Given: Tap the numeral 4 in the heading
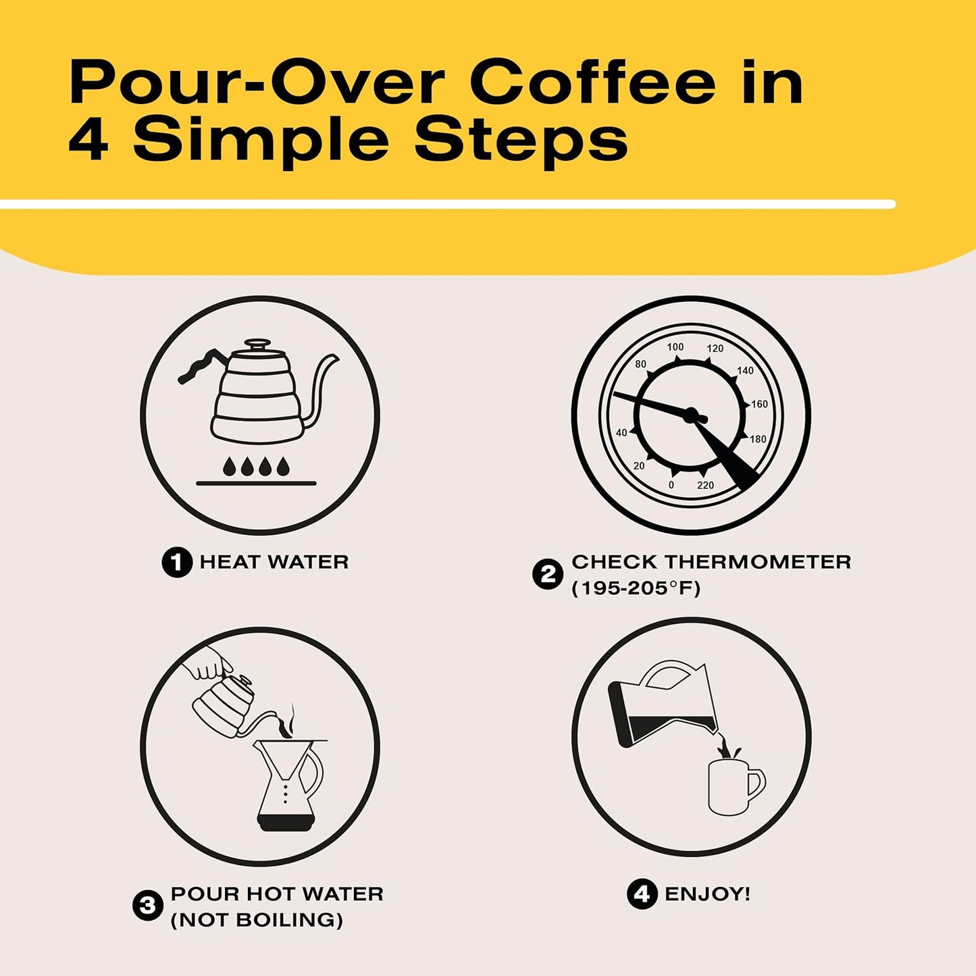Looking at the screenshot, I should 88,140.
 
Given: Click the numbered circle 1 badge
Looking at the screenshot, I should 177,562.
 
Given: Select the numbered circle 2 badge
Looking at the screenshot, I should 547,575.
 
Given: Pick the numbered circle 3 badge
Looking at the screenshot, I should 148,906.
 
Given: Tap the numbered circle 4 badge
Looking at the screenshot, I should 642,894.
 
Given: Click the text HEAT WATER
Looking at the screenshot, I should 274,562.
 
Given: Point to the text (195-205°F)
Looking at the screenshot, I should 636,588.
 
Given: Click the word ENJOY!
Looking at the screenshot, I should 707,894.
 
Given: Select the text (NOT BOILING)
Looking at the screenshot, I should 257,920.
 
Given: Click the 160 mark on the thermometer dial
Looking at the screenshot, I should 759,404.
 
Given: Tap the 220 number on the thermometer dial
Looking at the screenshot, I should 705,485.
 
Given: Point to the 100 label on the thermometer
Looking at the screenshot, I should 675,347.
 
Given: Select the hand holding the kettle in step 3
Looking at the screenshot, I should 206,663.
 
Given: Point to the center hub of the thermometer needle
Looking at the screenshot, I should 690,415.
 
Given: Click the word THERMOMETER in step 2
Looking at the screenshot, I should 757,562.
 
